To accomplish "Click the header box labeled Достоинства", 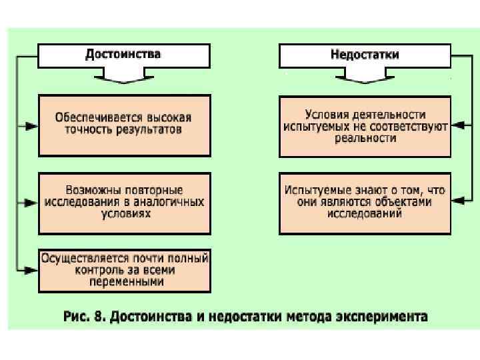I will [123, 55].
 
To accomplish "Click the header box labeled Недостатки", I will [365, 55].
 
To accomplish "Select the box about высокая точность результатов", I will [124, 125].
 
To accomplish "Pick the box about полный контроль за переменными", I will [124, 270].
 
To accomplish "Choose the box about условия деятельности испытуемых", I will [365, 126].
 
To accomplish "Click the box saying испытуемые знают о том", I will [365, 203].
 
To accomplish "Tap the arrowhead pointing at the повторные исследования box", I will [29, 201].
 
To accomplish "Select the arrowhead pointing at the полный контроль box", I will [29, 269].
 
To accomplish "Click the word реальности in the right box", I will [365, 138].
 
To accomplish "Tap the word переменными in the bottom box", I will [124, 282].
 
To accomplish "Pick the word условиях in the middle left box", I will [124, 213].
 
